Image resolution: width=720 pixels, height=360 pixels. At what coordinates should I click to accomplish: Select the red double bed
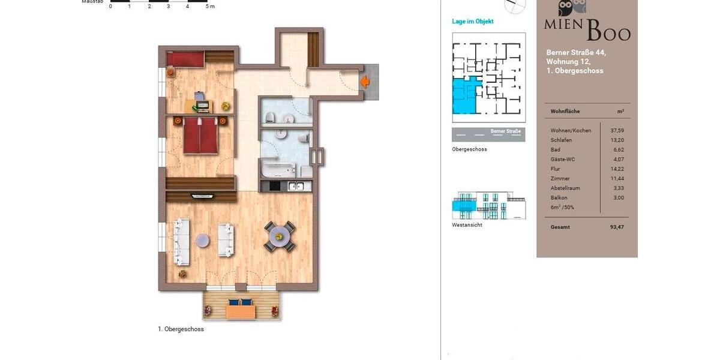200,136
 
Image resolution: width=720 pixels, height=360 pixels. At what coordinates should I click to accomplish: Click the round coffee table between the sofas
203,240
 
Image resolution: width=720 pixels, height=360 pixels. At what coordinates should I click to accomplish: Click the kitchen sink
296,187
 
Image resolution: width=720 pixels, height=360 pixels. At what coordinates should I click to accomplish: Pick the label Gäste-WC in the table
561,159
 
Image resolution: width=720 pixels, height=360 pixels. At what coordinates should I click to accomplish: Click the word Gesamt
560,227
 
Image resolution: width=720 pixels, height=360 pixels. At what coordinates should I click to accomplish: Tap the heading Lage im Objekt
473,22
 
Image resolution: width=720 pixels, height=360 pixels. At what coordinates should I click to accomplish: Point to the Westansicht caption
467,225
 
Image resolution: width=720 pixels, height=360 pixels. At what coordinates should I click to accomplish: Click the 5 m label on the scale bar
210,7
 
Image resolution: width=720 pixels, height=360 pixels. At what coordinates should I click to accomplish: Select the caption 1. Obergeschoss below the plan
181,329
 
